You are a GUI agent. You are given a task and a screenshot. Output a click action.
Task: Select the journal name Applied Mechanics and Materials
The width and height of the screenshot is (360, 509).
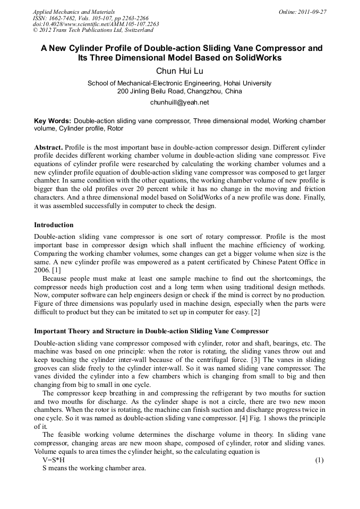(73, 12)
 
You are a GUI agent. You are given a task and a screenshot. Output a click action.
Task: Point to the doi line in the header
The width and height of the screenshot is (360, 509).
(96, 24)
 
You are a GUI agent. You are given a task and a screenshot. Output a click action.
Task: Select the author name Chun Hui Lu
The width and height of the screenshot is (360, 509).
(179, 71)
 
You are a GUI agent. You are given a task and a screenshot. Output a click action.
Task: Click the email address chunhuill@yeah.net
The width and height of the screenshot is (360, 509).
(179, 102)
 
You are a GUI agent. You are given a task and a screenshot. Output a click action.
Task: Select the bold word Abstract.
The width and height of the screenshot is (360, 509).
(48, 146)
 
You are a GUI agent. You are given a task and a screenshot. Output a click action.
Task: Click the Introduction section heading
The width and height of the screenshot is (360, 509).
(54, 225)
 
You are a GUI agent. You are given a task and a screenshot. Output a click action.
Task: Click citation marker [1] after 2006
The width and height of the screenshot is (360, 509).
(57, 270)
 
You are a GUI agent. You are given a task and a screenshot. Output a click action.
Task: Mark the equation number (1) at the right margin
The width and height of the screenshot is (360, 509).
(319, 460)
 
